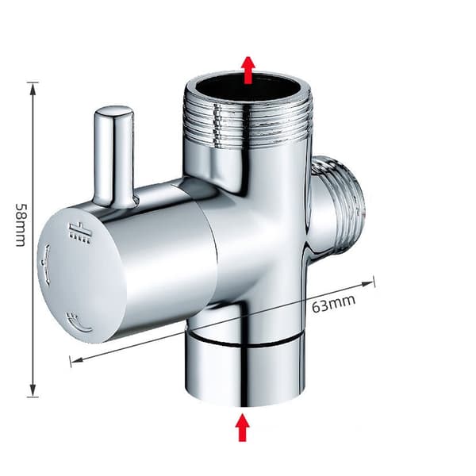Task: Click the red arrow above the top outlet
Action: pos(248,70)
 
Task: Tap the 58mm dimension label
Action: pos(21,225)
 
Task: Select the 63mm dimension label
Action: pos(333,303)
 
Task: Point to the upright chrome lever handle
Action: pos(113,156)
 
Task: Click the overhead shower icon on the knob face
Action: pos(79,229)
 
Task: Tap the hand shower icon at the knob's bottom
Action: pos(79,324)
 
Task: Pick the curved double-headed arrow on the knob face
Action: pos(45,264)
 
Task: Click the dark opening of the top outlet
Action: pos(249,87)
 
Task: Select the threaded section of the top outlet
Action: pos(248,123)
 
